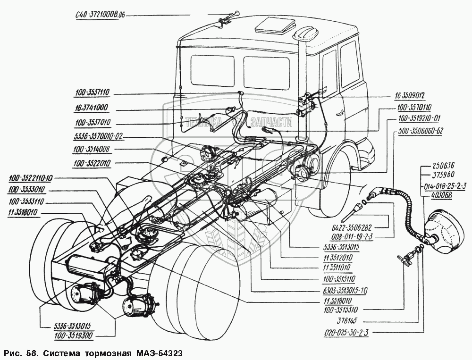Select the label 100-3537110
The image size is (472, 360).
point(92,93)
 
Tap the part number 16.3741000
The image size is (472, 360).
point(91,108)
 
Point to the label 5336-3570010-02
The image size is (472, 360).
point(98,136)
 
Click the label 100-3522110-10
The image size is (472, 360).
point(30,179)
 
